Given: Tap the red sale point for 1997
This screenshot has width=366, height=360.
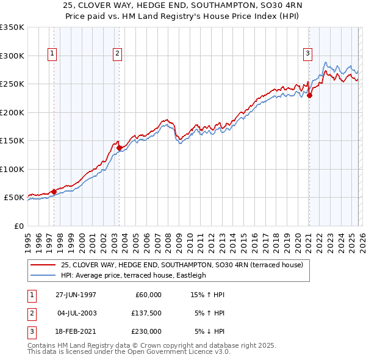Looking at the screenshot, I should pos(54,192).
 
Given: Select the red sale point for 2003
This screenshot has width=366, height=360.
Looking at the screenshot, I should pos(119,147).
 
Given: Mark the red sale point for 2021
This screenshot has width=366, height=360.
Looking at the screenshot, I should pos(309,95).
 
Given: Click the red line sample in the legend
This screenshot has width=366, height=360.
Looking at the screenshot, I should pos(43,265).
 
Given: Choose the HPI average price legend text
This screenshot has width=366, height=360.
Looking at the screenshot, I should pos(134,276).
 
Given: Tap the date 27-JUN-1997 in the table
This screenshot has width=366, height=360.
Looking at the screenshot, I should pos(76,295).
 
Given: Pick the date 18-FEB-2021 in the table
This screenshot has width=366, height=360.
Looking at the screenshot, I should pos(76,331).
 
